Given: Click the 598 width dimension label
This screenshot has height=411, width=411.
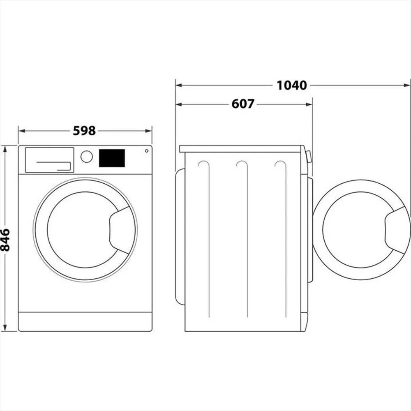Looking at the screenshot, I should (x=84, y=131).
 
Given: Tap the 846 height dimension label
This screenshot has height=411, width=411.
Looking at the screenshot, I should (x=5, y=240).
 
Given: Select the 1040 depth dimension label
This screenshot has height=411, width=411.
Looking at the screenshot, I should (x=291, y=85).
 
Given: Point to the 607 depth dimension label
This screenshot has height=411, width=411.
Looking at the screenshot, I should (x=243, y=104).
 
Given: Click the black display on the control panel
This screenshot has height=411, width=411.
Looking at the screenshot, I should (x=112, y=158).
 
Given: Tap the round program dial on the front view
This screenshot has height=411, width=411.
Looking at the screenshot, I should (x=87, y=157).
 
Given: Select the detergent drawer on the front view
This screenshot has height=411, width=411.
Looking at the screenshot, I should (x=49, y=160).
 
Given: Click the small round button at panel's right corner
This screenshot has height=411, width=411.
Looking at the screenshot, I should (x=146, y=151).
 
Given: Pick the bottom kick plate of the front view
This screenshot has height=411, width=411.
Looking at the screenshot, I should (x=85, y=321).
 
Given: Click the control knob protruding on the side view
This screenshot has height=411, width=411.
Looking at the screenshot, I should (x=308, y=157).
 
